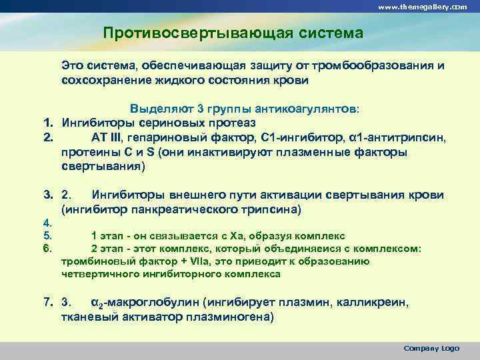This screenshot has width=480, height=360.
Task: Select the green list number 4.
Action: (x=47, y=224)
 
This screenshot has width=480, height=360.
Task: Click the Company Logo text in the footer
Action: (x=431, y=349)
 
